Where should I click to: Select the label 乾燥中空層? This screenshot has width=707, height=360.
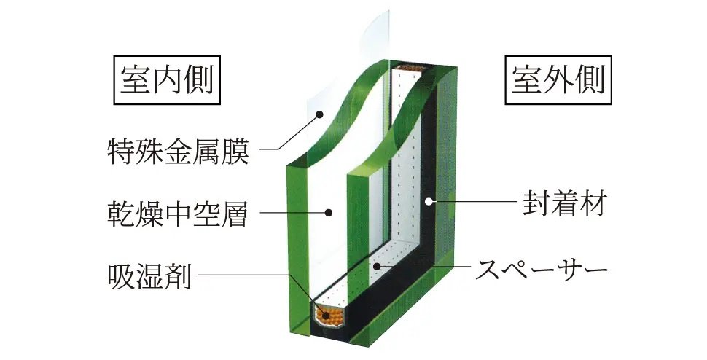tap(175, 215)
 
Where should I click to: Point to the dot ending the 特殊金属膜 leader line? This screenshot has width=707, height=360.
tap(319, 113)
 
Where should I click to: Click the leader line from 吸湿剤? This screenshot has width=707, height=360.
tap(241, 275)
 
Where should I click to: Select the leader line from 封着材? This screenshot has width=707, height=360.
tap(474, 203)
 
